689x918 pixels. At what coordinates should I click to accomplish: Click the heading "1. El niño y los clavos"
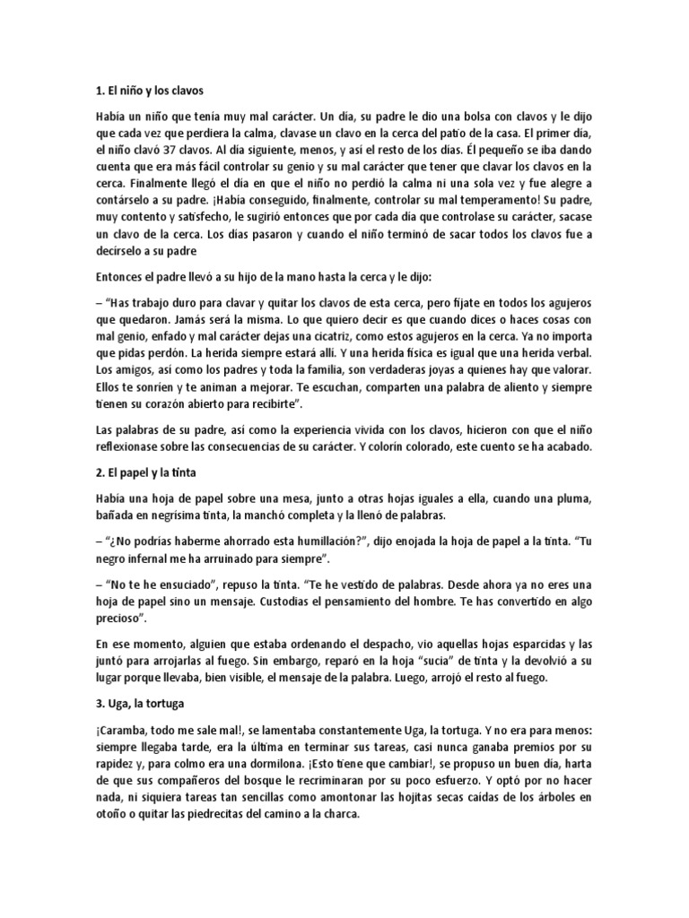(154, 91)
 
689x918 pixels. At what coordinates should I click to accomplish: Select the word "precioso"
(121, 619)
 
